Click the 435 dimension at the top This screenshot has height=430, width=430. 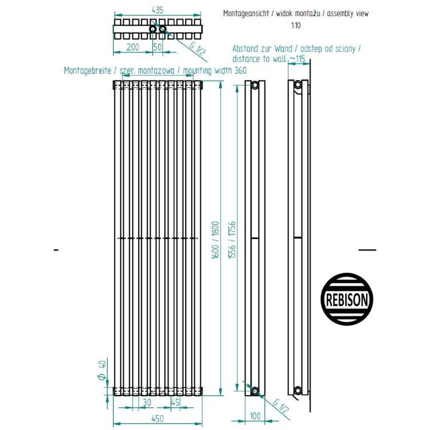tap(158, 10)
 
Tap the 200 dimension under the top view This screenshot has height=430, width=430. tap(133, 47)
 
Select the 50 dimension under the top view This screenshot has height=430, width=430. tap(158, 47)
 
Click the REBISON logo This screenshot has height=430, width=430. tap(347, 299)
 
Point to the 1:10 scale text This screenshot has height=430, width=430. tap(296, 26)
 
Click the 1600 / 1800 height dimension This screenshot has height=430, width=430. tap(216, 240)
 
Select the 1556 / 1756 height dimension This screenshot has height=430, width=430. tap(232, 240)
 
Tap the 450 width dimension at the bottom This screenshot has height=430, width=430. tap(158, 419)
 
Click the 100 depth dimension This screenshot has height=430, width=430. tap(255, 416)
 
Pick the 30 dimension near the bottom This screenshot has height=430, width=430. tap(148, 403)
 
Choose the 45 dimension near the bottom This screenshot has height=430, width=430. tap(175, 403)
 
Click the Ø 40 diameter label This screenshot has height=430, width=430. tap(102, 370)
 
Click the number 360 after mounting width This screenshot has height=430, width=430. tap(241, 70)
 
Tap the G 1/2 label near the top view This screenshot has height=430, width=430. tap(198, 49)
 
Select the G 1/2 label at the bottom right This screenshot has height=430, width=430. tap(281, 407)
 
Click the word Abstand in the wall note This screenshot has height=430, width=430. tap(244, 49)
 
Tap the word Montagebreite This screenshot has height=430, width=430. tap(87, 70)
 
